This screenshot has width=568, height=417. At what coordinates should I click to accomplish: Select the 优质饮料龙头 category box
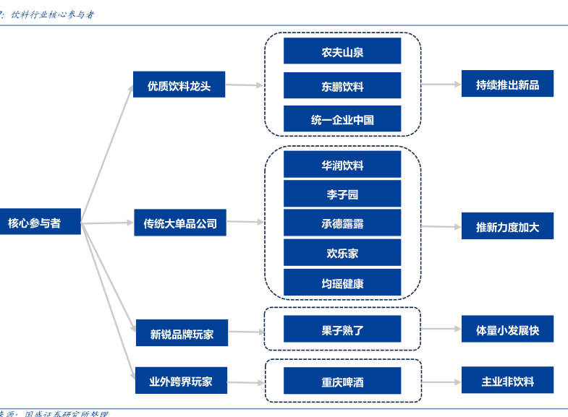click(179, 85)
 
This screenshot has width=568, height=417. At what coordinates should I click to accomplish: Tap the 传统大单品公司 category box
click(179, 223)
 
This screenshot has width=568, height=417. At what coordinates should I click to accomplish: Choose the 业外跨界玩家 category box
click(182, 381)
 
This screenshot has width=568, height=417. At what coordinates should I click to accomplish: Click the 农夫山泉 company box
click(342, 52)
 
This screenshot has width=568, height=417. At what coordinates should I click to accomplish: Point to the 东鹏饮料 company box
click(342, 86)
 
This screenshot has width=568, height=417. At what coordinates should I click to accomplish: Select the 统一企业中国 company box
click(342, 119)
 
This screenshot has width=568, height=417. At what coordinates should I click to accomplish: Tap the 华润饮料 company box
click(342, 165)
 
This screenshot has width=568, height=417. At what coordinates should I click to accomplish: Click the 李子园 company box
click(342, 194)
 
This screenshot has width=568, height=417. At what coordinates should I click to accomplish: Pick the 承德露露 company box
click(342, 224)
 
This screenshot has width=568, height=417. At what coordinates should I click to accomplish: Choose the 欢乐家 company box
click(342, 253)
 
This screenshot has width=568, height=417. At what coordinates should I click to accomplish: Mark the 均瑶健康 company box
click(342, 283)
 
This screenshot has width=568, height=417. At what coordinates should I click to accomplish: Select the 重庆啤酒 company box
click(342, 381)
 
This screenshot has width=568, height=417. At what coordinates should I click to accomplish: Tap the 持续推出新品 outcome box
click(507, 85)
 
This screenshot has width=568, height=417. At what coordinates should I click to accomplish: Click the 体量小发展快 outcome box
click(507, 330)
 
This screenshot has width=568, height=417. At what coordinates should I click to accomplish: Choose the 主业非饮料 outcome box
click(507, 381)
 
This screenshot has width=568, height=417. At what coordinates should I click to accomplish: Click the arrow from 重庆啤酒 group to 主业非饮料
click(441, 381)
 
